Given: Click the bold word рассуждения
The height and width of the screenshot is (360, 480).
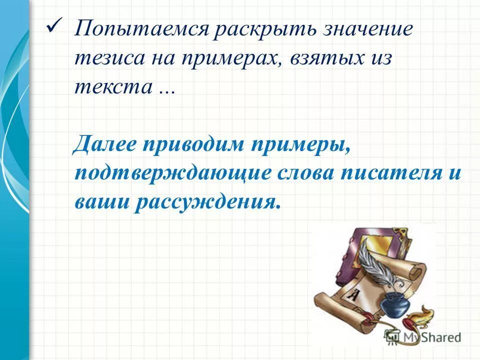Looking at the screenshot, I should point(205,201).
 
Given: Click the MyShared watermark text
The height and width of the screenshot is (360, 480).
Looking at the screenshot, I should point(430,337).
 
